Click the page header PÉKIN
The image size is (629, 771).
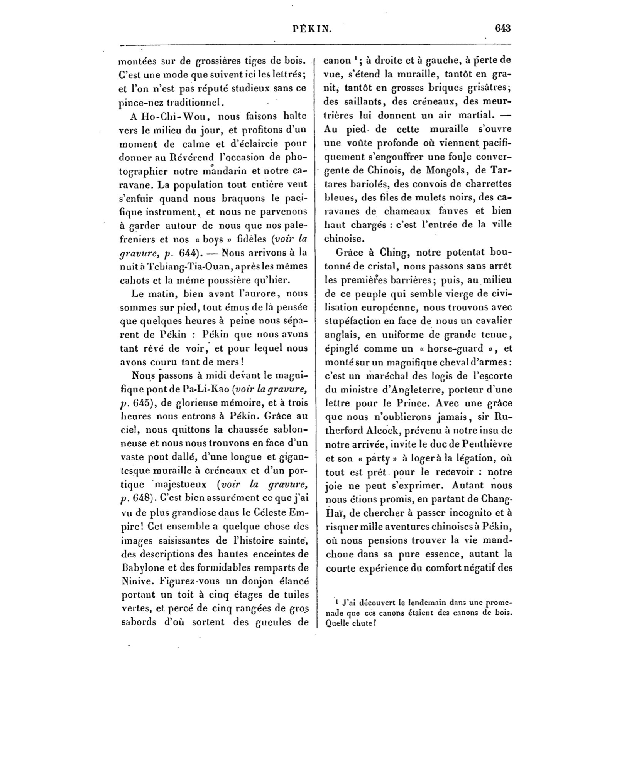312,29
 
